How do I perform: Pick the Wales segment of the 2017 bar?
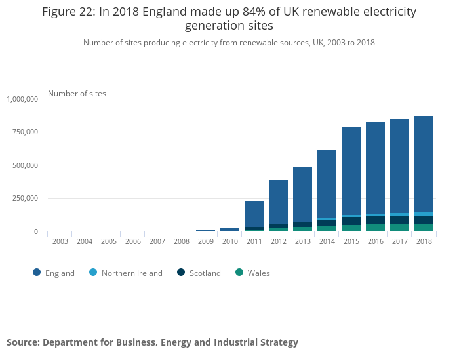tap(399, 228)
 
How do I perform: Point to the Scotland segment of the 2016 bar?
tap(375, 220)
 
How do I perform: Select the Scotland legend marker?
tap(180, 273)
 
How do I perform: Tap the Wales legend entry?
tap(252, 273)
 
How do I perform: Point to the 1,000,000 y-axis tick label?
tap(22, 99)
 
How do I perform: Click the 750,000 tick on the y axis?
tap(26, 132)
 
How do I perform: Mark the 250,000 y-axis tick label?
tap(26, 198)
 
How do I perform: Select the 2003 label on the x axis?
tap(60, 241)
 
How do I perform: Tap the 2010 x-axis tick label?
tap(229, 241)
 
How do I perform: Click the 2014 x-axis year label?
tap(327, 241)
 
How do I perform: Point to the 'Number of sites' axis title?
tap(77, 94)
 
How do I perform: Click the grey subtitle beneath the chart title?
tap(229, 43)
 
